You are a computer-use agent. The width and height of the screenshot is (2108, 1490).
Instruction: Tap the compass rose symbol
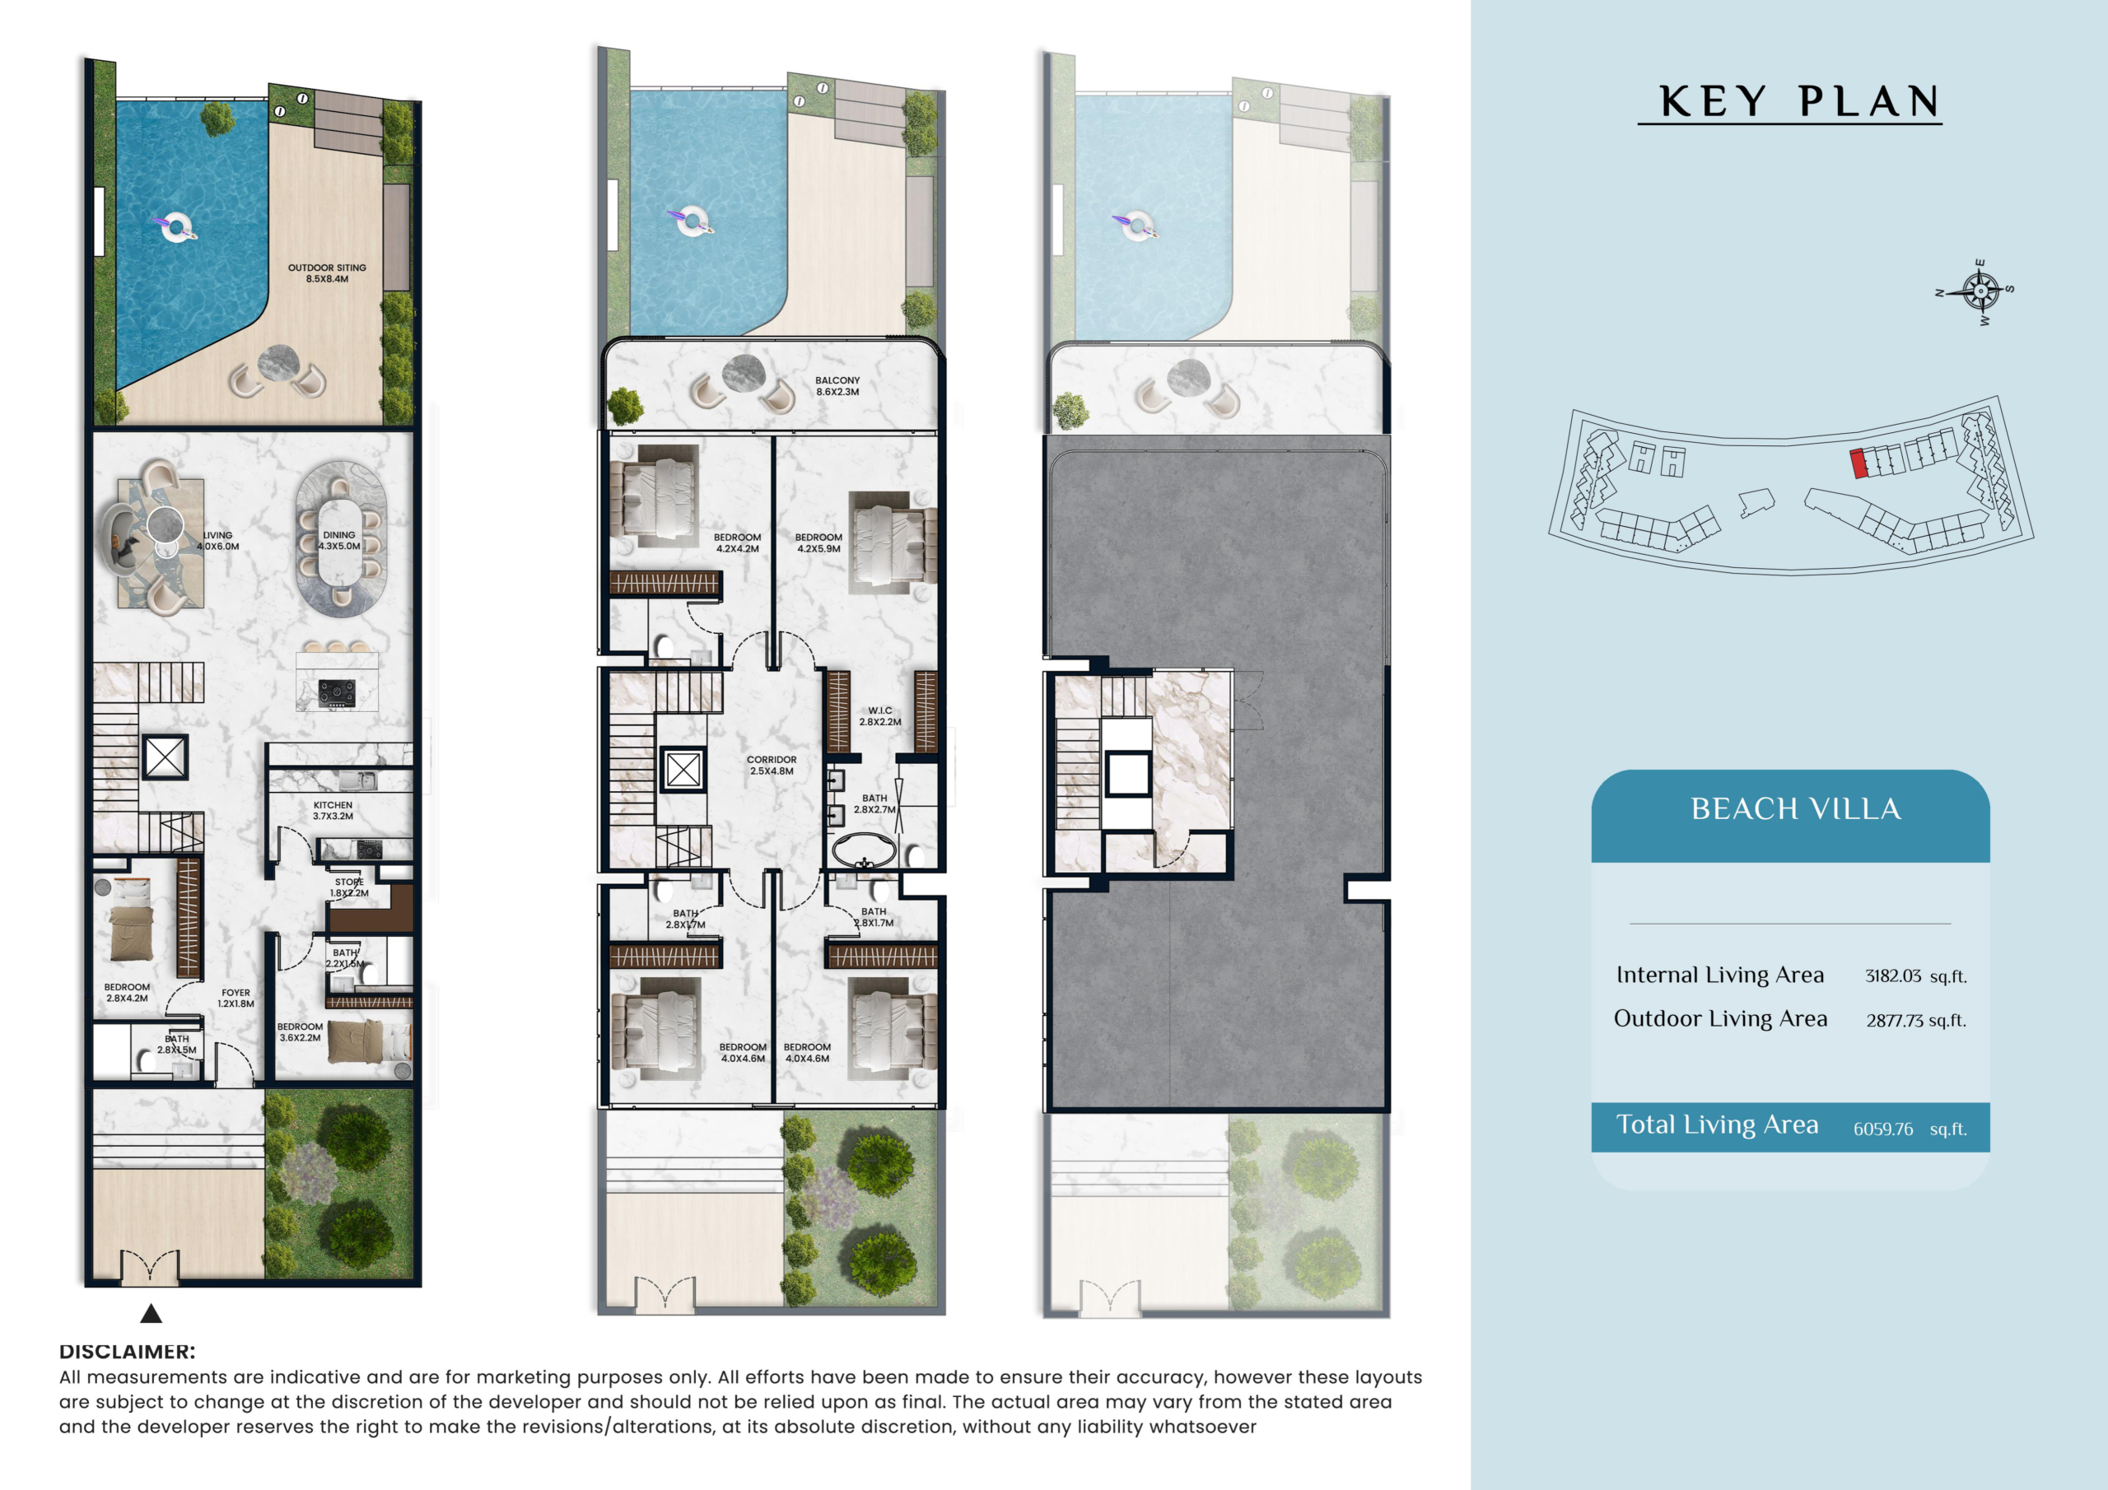coord(1980,292)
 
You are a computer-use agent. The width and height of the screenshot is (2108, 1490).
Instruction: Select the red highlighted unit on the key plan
coord(1858,463)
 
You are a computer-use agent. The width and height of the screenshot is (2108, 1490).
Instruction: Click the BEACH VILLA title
coord(1796,809)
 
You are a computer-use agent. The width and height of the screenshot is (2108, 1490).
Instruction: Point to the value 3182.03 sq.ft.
coord(1916,975)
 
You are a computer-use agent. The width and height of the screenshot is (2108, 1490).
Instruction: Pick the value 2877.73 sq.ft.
coord(1916,1020)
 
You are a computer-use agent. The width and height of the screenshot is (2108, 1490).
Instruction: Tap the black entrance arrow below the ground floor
coord(152,1314)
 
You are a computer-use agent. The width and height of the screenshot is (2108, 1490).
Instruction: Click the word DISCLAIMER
coord(127,1352)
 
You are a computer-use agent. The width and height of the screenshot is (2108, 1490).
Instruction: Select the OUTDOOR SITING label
coord(327,268)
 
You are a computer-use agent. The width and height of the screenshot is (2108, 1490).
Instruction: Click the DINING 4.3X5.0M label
coord(338,541)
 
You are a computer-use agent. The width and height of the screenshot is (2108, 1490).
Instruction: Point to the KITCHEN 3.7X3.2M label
coord(333,811)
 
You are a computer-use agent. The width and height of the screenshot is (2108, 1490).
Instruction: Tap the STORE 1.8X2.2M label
coord(349,887)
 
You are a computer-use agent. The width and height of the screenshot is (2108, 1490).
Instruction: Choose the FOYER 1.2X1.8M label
coord(236,998)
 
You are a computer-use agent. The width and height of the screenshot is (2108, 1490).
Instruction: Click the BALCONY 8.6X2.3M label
coord(837,385)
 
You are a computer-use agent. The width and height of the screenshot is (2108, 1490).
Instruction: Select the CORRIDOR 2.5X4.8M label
coord(772,766)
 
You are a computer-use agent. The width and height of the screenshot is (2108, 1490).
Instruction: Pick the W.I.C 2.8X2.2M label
coord(879,716)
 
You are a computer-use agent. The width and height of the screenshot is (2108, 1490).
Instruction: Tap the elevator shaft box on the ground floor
coord(166,757)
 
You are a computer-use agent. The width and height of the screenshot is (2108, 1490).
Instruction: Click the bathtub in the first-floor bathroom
coord(864,851)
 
